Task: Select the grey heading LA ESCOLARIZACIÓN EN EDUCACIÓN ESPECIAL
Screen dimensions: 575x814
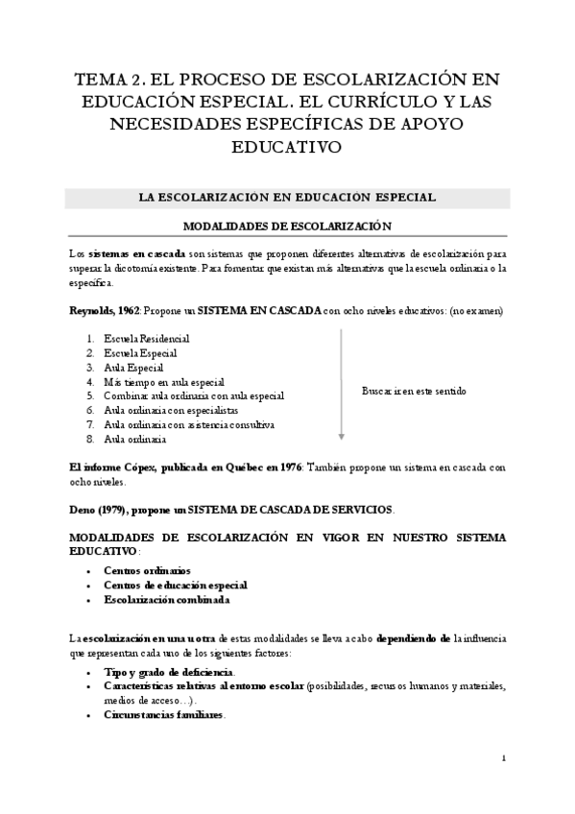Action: pos(287,198)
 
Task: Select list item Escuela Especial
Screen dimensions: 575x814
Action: pos(140,353)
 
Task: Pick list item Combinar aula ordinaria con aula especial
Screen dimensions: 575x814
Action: pos(194,395)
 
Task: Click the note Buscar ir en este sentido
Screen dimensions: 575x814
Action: pos(414,391)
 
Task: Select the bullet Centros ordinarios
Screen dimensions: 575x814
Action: pos(147,570)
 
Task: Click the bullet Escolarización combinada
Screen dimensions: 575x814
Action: pos(167,600)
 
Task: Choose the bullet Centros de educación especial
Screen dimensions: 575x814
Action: pos(176,585)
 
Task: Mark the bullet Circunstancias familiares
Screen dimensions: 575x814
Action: pos(164,715)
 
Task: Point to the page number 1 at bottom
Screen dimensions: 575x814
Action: pos(504,758)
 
